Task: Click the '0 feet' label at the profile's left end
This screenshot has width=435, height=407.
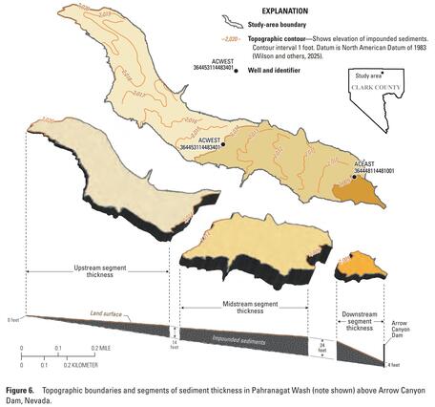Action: point(12,319)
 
